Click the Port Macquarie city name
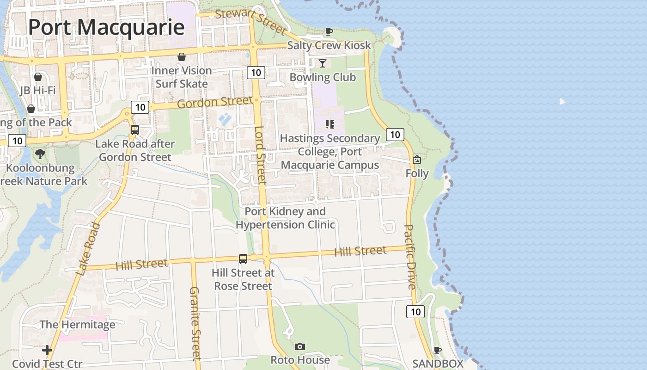(106, 27)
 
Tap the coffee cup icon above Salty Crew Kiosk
(329, 31)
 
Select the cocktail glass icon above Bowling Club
(323, 63)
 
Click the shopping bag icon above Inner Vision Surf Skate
(182, 57)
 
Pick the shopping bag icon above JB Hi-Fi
(38, 76)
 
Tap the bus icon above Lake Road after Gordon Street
(135, 130)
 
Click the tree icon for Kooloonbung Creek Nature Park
(40, 154)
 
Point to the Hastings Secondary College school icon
(330, 124)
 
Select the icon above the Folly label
(417, 160)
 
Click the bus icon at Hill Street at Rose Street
(243, 259)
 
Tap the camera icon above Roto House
(300, 346)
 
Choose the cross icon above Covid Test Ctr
(47, 350)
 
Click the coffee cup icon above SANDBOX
(437, 350)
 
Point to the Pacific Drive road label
(410, 257)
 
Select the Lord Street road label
(261, 155)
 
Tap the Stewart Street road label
(251, 21)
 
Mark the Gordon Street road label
(215, 102)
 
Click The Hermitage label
(77, 325)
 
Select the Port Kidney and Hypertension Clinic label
(285, 218)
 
